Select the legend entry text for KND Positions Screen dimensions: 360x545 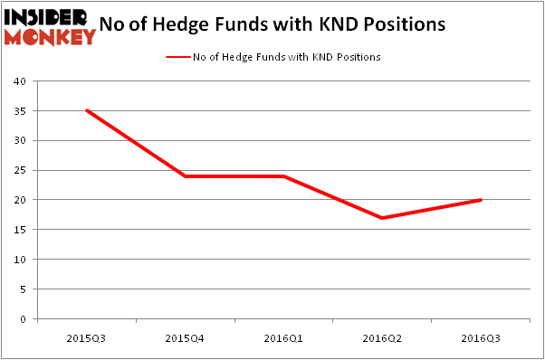coord(286,57)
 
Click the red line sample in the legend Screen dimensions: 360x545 coord(177,57)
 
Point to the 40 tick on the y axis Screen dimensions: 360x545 coord(19,81)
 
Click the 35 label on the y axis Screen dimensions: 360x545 coord(19,111)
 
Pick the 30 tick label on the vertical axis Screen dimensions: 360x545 coord(19,140)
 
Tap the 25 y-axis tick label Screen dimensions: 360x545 coord(19,170)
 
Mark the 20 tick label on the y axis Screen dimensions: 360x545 coord(19,200)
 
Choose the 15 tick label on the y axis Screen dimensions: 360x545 coord(19,230)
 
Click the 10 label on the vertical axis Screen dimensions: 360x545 coord(19,260)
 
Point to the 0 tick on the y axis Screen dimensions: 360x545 coord(22,318)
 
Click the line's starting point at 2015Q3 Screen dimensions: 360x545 coord(86,110)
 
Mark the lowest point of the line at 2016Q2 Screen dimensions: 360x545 coord(382,218)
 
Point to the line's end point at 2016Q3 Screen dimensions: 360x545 coord(481,200)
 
